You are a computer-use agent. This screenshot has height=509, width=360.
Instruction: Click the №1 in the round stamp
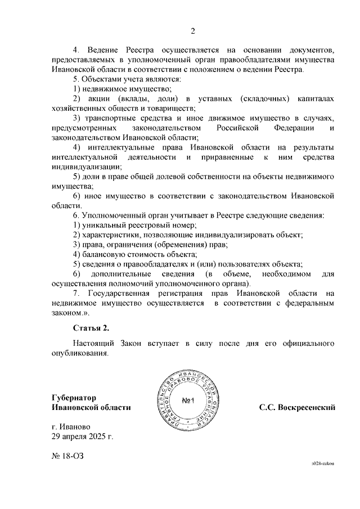pos(188,401)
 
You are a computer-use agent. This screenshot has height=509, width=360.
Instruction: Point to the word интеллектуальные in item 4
pos(120,147)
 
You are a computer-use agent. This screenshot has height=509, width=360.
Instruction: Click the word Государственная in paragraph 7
pos(119,293)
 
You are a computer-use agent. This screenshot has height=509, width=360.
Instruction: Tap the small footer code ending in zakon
pos(323,462)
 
